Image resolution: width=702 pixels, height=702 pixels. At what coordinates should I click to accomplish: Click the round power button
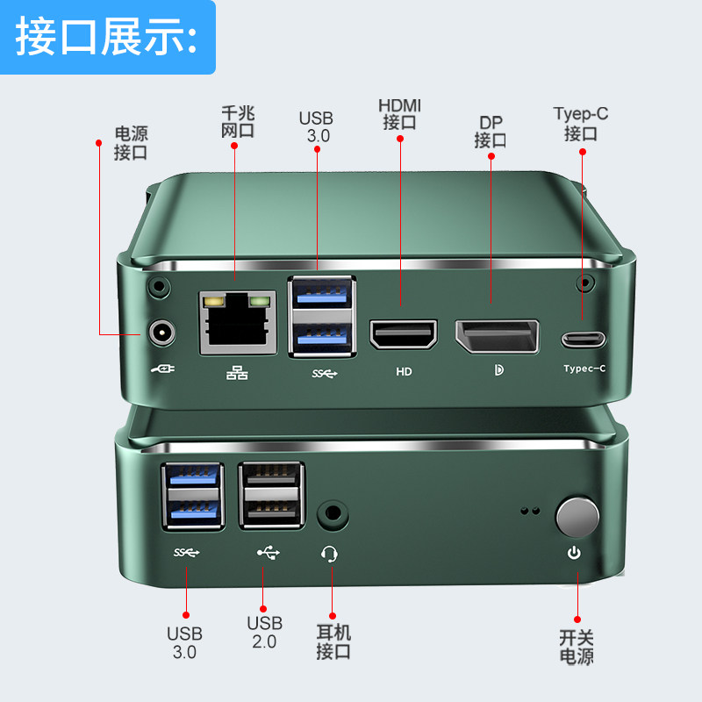pos(577,516)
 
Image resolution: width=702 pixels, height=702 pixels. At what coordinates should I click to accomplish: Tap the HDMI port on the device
pos(403,334)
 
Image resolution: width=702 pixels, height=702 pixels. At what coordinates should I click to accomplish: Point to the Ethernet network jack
pos(235,323)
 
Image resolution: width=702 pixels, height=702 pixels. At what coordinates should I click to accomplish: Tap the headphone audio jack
pos(332,513)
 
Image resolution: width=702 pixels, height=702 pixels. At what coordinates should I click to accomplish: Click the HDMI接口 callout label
pos(399,114)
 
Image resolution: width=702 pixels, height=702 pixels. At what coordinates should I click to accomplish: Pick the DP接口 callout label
pos(491,131)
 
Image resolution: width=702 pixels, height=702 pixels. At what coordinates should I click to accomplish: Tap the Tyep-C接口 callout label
pos(581,124)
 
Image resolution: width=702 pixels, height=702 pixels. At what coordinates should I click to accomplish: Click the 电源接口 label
pos(131,143)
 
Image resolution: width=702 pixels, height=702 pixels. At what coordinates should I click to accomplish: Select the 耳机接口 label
pos(333,641)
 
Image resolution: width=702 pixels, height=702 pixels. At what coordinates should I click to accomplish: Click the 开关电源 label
pos(577,647)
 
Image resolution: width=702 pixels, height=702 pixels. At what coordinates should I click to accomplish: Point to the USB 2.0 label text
pos(264,632)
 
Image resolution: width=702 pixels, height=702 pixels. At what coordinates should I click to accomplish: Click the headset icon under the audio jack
pos(331,554)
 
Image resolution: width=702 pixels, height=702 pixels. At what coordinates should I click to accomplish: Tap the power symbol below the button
pos(574,553)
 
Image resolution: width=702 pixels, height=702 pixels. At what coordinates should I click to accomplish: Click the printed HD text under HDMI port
pos(404,371)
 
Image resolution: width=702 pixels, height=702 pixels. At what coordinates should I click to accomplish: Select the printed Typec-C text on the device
pos(584,369)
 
